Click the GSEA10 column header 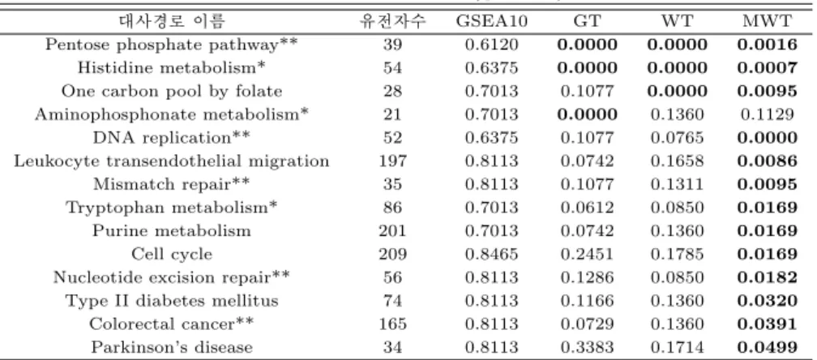[491, 21]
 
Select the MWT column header [767, 21]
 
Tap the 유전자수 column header [392, 21]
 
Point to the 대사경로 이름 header [172, 21]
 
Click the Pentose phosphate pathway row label [172, 45]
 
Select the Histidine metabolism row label [172, 68]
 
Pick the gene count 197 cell [392, 161]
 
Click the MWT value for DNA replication [767, 138]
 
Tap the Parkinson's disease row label [172, 348]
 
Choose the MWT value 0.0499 [767, 348]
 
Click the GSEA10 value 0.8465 [491, 255]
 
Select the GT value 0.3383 [587, 348]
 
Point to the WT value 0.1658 [677, 161]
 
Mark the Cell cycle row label [172, 255]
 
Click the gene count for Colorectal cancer [392, 324]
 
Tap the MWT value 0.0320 [767, 301]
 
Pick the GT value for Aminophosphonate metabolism [587, 114]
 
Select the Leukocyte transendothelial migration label [172, 161]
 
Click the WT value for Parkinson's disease [677, 348]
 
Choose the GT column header [587, 21]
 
